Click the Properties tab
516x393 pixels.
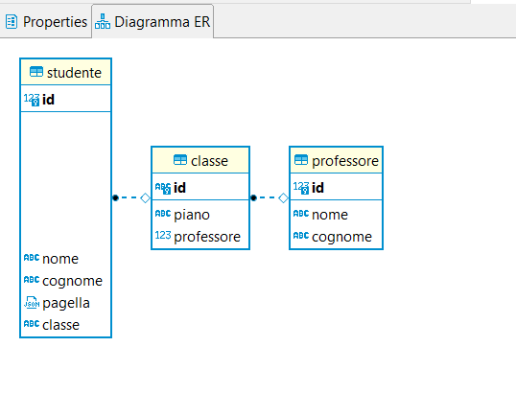pos(46,22)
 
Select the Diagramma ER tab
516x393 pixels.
pos(152,22)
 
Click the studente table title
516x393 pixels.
pos(74,73)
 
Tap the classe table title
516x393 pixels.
pos(209,161)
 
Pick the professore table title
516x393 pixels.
pos(345,161)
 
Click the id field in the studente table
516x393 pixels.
pos(48,100)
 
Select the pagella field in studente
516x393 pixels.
pos(66,303)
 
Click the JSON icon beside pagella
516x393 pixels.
pos(32,303)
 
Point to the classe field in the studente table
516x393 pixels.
pos(60,325)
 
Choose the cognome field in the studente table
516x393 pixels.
pos(72,281)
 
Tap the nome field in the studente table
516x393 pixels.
pos(60,259)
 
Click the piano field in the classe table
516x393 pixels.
pos(192,215)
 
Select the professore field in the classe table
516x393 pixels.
pos(207,237)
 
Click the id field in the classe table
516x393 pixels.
pos(179,188)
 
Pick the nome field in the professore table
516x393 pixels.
pos(330,215)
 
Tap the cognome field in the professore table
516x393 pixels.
pos(341,237)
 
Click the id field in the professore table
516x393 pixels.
pos(317,188)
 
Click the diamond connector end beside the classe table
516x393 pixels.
pos(145,198)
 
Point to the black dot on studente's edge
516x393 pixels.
pos(115,197)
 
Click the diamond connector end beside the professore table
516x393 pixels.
pos(283,198)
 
